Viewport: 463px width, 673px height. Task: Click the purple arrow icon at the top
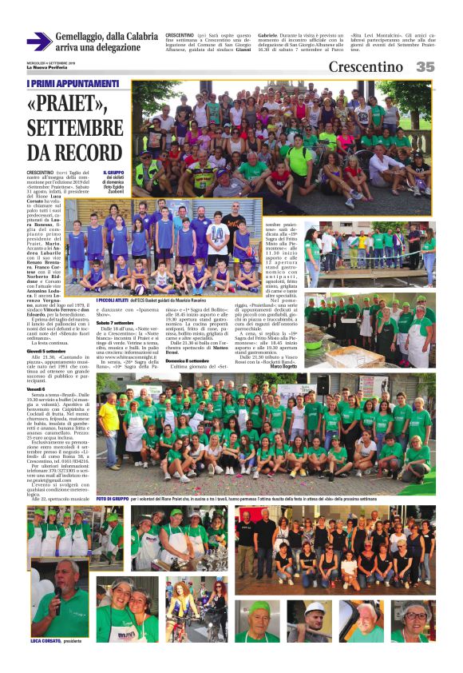click(38, 42)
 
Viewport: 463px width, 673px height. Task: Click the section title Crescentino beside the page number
click(366, 67)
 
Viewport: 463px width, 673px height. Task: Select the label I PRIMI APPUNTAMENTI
click(73, 83)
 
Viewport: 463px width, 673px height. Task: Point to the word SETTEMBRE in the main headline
click(71, 129)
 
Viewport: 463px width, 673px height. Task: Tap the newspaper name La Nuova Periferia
click(46, 67)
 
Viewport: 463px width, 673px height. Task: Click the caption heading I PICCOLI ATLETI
click(114, 300)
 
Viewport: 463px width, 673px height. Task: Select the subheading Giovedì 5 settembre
click(47, 351)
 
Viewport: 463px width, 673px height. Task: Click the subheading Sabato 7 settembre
click(115, 321)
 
